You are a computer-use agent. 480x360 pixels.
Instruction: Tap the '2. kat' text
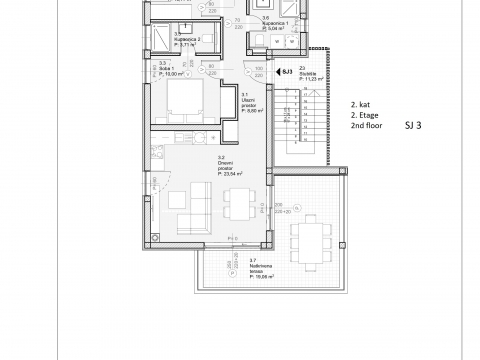[360, 103]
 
